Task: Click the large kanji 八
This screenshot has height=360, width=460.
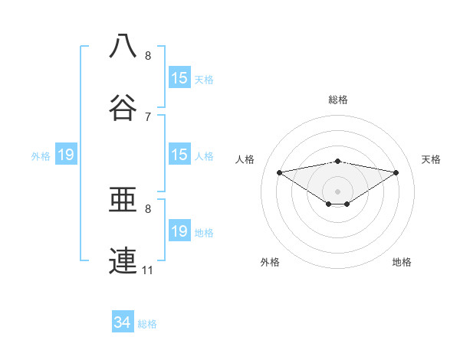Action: (124, 46)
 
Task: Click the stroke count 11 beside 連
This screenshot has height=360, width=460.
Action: (147, 270)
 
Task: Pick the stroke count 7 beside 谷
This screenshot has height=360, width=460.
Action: (148, 116)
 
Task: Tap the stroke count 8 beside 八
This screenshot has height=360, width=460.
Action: (148, 56)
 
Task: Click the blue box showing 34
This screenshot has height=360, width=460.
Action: (123, 322)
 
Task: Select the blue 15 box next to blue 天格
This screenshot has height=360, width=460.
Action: (179, 78)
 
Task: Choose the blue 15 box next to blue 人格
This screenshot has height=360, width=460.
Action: (179, 155)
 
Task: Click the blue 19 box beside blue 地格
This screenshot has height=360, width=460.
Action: (179, 231)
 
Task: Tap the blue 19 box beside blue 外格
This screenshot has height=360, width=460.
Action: (66, 155)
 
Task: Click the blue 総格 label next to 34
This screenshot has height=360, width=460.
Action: (147, 324)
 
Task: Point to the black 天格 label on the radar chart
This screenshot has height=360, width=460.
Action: (432, 159)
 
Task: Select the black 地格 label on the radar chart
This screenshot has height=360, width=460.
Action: (402, 262)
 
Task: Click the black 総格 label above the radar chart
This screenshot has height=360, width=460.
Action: (338, 100)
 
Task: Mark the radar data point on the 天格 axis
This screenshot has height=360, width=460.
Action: (396, 172)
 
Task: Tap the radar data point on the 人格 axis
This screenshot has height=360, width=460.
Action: (279, 172)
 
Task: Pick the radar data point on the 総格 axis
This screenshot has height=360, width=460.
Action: (338, 161)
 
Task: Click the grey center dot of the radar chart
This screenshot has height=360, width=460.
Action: (338, 191)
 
